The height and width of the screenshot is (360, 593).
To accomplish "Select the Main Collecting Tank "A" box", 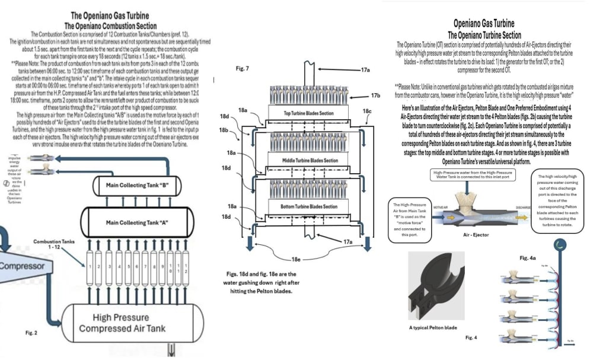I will pyautogui.click(x=138, y=223).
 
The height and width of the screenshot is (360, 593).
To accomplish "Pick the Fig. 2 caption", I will pyautogui.click(x=31, y=333).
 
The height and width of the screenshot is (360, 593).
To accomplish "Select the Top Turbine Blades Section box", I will pyautogui.click(x=303, y=113).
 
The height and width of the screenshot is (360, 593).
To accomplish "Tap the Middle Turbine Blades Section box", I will pyautogui.click(x=303, y=161).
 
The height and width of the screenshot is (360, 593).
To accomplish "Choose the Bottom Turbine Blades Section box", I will pyautogui.click(x=303, y=206).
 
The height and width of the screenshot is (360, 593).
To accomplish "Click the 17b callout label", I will pyautogui.click(x=375, y=95).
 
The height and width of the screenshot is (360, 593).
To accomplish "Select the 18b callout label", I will pyautogui.click(x=223, y=130).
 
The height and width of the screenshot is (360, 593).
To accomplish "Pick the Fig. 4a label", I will pyautogui.click(x=527, y=259).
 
